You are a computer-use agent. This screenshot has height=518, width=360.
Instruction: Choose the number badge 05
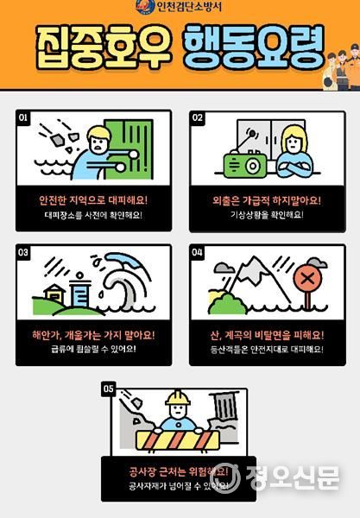(x=108, y=389)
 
